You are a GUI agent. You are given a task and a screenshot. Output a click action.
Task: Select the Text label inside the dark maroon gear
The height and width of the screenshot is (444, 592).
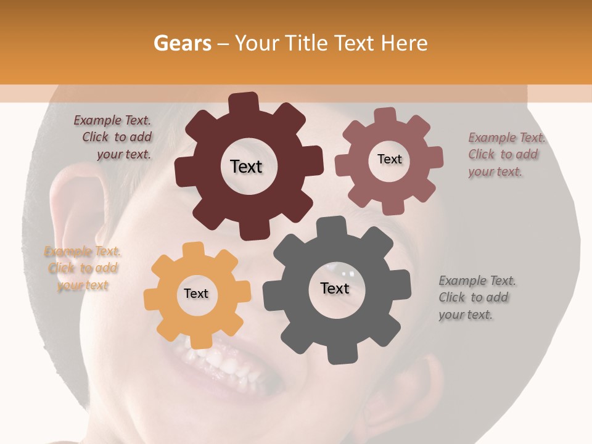point(246,166)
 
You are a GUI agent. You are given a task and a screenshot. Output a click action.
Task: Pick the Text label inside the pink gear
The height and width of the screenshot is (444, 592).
point(389,159)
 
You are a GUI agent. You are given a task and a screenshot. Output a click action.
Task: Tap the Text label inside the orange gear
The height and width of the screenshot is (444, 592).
point(196,294)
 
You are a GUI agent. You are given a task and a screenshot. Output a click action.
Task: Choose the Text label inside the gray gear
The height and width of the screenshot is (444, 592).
point(335,288)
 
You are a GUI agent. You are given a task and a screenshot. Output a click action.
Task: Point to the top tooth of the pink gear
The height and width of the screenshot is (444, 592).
point(385,115)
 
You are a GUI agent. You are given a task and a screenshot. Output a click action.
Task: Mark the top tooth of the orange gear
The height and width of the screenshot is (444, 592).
point(194,250)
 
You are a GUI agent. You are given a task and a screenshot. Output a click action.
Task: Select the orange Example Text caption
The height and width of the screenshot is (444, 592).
point(82,268)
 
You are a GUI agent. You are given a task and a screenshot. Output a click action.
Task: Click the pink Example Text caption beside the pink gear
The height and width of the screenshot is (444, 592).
point(506,154)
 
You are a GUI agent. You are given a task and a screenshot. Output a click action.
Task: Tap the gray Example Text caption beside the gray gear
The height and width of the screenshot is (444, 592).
point(477,297)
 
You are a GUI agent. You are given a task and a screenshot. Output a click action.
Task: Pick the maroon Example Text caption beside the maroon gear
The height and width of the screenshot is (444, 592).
point(113,137)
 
